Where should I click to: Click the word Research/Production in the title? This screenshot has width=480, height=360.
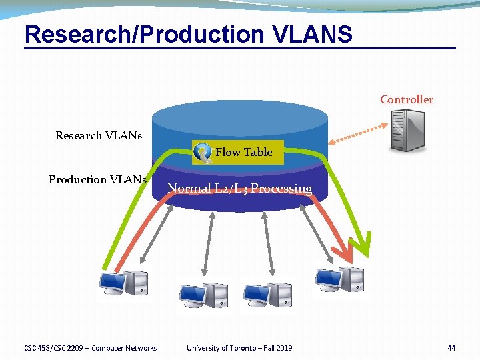tap(143, 34)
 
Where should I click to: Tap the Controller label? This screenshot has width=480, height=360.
tap(406, 99)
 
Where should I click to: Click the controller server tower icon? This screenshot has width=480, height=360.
tap(407, 130)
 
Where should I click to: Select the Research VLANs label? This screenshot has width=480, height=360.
tap(99, 135)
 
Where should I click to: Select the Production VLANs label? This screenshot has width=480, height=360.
tap(97, 179)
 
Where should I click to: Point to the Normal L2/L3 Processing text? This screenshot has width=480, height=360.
tap(239, 188)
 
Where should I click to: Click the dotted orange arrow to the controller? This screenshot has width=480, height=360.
tap(360, 133)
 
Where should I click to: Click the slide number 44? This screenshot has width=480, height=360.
tap(451, 347)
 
